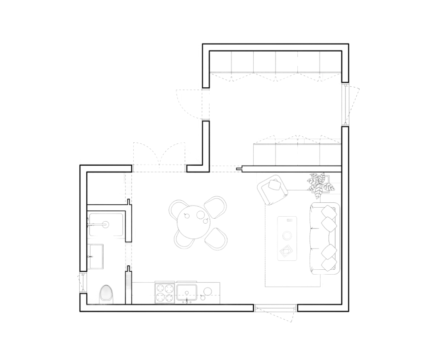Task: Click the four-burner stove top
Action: tap(165, 292)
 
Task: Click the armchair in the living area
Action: tap(272, 189)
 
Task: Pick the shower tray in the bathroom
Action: tap(106, 225)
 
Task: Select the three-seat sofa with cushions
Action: tap(325, 238)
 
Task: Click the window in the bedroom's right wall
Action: tap(345, 105)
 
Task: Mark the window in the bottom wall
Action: tap(276, 308)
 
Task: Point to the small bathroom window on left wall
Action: tap(83, 283)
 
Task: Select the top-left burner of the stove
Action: tap(160, 288)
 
